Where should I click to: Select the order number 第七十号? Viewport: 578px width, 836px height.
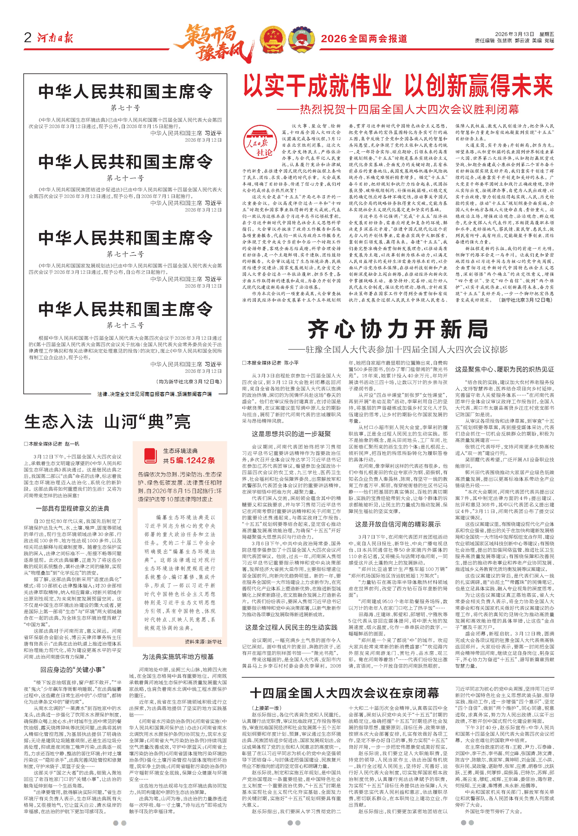[125, 108]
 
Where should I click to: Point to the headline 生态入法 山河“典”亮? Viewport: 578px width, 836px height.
[108, 422]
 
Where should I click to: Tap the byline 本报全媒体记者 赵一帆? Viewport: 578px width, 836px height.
[52, 443]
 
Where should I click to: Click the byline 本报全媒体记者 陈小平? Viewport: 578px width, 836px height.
[271, 362]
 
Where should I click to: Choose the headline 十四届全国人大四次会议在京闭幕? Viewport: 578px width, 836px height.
[344, 693]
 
